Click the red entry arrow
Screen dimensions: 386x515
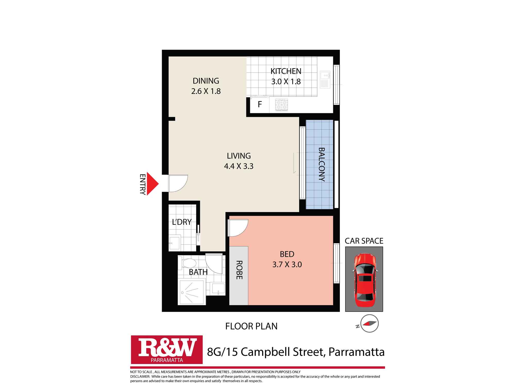[152, 184]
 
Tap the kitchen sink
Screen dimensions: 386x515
[325, 80]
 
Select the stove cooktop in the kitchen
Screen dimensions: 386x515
[281, 105]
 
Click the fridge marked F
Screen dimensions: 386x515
[260, 104]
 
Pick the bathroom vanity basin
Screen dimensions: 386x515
[218, 289]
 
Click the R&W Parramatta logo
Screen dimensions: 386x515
[167, 349]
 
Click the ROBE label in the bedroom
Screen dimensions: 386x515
[239, 270]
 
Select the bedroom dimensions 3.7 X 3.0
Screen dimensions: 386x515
[287, 265]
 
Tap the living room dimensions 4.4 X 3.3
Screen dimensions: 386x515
[239, 166]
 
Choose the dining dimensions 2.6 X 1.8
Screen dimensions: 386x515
[206, 91]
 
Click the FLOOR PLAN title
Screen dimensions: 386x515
[251, 326]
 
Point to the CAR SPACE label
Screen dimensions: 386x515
[364, 241]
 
